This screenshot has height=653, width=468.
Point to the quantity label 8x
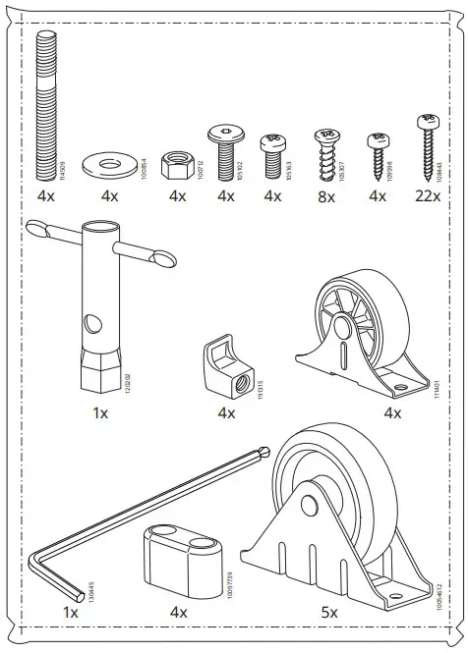click(x=325, y=196)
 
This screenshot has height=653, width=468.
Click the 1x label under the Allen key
click(x=70, y=612)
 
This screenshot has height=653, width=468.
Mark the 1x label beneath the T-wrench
click(x=99, y=413)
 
